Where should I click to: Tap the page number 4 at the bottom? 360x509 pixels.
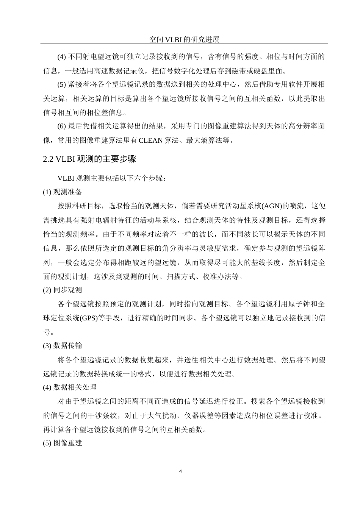pyautogui.click(x=180, y=472)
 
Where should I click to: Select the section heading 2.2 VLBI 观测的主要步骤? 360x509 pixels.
pyautogui.click(x=89, y=159)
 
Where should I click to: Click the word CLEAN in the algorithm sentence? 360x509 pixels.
pyautogui.click(x=151, y=141)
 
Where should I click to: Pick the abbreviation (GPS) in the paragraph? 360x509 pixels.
pyautogui.click(x=88, y=318)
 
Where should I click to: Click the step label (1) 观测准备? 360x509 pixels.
pyautogui.click(x=63, y=192)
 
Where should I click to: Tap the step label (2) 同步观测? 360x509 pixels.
pyautogui.click(x=63, y=290)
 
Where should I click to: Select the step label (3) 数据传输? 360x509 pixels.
pyautogui.click(x=63, y=345)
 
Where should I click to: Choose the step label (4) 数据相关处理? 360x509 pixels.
pyautogui.click(x=70, y=387)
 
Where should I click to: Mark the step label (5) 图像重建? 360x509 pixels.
pyautogui.click(x=63, y=443)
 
